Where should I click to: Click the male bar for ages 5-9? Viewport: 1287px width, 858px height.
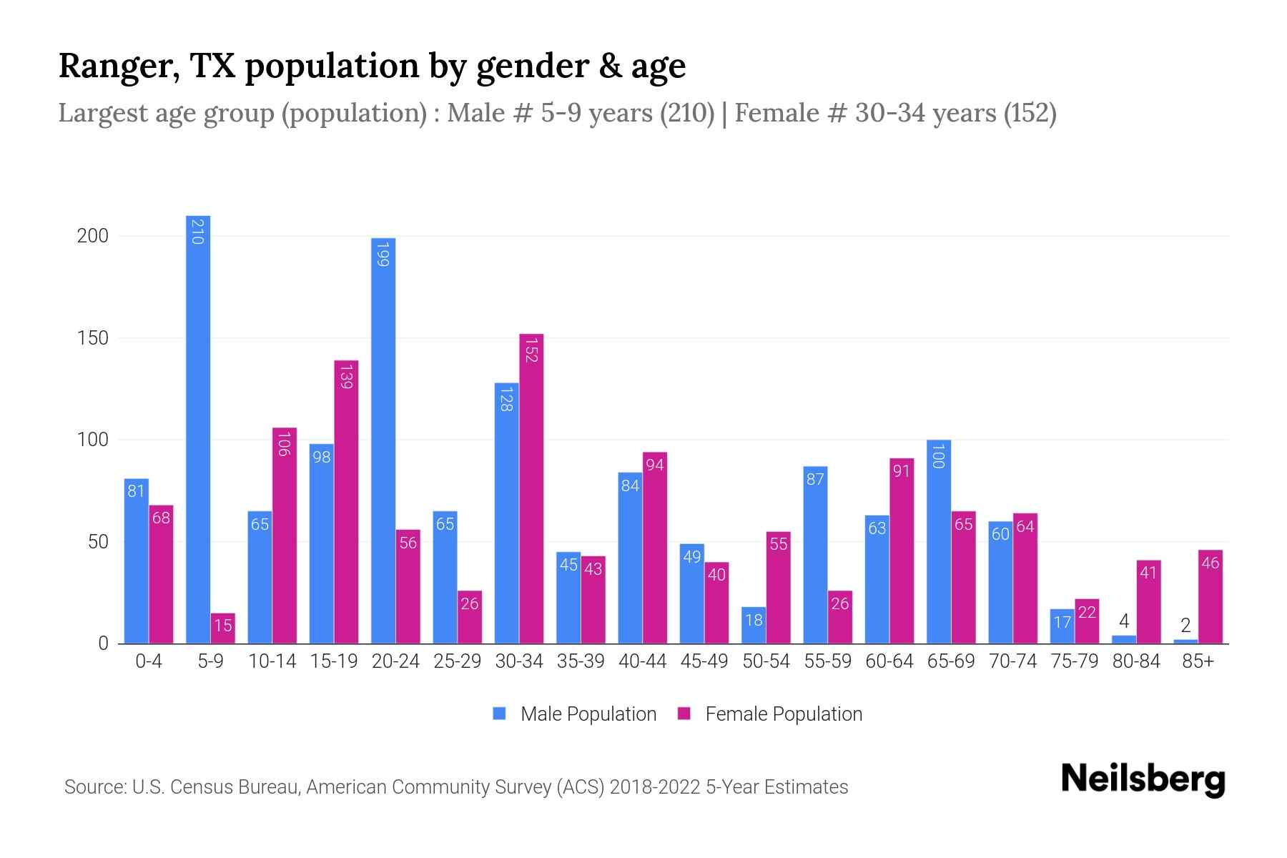pyautogui.click(x=198, y=429)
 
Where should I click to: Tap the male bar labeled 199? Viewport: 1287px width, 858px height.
pyautogui.click(x=383, y=443)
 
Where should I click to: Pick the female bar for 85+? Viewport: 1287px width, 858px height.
pyautogui.click(x=1210, y=601)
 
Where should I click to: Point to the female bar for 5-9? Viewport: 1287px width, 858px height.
pyautogui.click(x=223, y=629)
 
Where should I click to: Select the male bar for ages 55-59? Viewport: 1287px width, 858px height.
pyautogui.click(x=815, y=558)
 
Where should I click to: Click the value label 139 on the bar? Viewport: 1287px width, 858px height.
pyautogui.click(x=346, y=377)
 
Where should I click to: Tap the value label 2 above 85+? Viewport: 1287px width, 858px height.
pyautogui.click(x=1185, y=626)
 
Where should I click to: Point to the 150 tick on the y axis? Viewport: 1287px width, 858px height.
pyautogui.click(x=93, y=338)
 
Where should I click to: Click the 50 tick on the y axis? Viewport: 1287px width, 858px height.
pyautogui.click(x=98, y=542)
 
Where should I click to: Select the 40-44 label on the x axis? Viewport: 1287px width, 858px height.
pyautogui.click(x=642, y=661)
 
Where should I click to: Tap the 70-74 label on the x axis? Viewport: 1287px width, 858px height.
pyautogui.click(x=1012, y=661)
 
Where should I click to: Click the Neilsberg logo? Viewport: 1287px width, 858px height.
pyautogui.click(x=1143, y=779)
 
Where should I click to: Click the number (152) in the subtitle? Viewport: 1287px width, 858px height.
pyautogui.click(x=1030, y=113)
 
